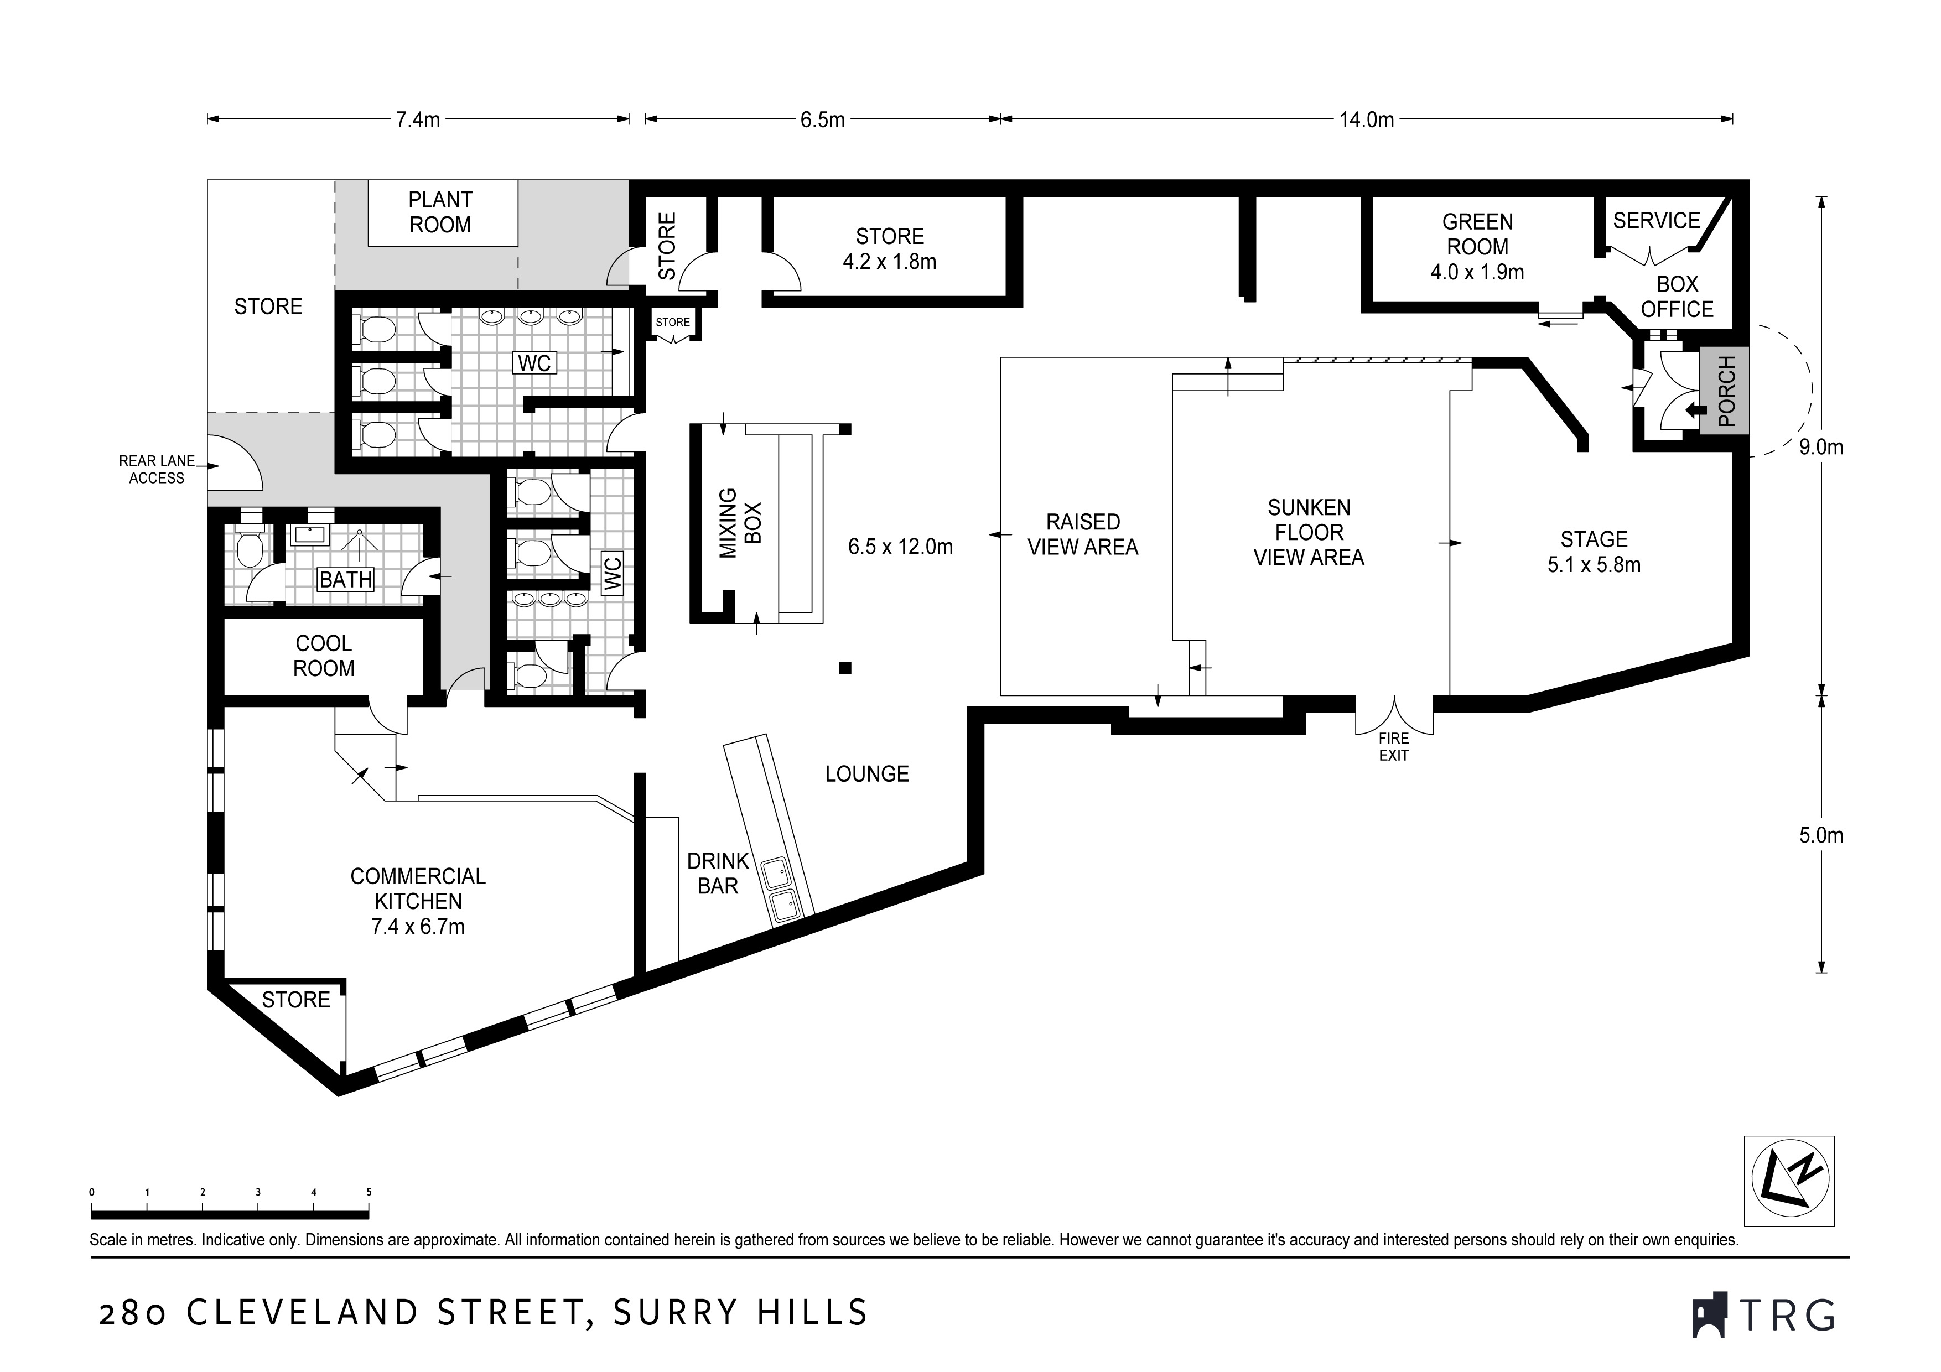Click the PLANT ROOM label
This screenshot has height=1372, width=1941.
[439, 212]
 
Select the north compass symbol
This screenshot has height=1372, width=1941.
[1789, 1180]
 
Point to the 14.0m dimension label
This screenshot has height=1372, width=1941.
[1366, 120]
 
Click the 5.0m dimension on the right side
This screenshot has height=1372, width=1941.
[1821, 835]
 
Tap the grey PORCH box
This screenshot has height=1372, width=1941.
[1725, 391]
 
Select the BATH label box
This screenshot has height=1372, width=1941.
[346, 579]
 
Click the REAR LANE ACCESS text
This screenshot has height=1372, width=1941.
[157, 469]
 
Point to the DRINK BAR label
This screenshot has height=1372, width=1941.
[718, 873]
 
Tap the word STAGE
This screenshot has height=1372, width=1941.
[1595, 539]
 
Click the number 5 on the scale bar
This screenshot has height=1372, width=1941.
[369, 1192]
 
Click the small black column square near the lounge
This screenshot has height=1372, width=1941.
[844, 668]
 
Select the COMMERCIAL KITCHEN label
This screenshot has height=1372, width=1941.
[418, 888]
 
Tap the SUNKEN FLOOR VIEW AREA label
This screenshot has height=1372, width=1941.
[1309, 533]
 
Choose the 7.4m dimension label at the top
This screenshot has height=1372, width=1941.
[418, 120]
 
